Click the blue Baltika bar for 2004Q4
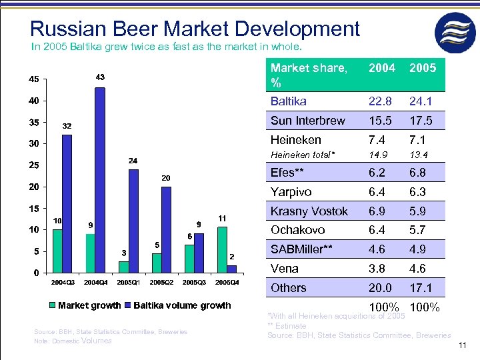(x=100, y=180)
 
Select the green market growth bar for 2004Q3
(x=57, y=251)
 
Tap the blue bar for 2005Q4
(x=231, y=269)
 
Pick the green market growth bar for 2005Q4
(x=222, y=249)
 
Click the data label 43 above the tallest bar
(x=99, y=78)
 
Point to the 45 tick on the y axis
(x=33, y=79)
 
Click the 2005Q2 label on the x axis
(x=161, y=283)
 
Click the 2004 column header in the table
(x=383, y=69)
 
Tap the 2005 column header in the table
(x=423, y=69)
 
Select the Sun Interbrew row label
(x=307, y=121)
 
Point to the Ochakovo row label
(x=297, y=230)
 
